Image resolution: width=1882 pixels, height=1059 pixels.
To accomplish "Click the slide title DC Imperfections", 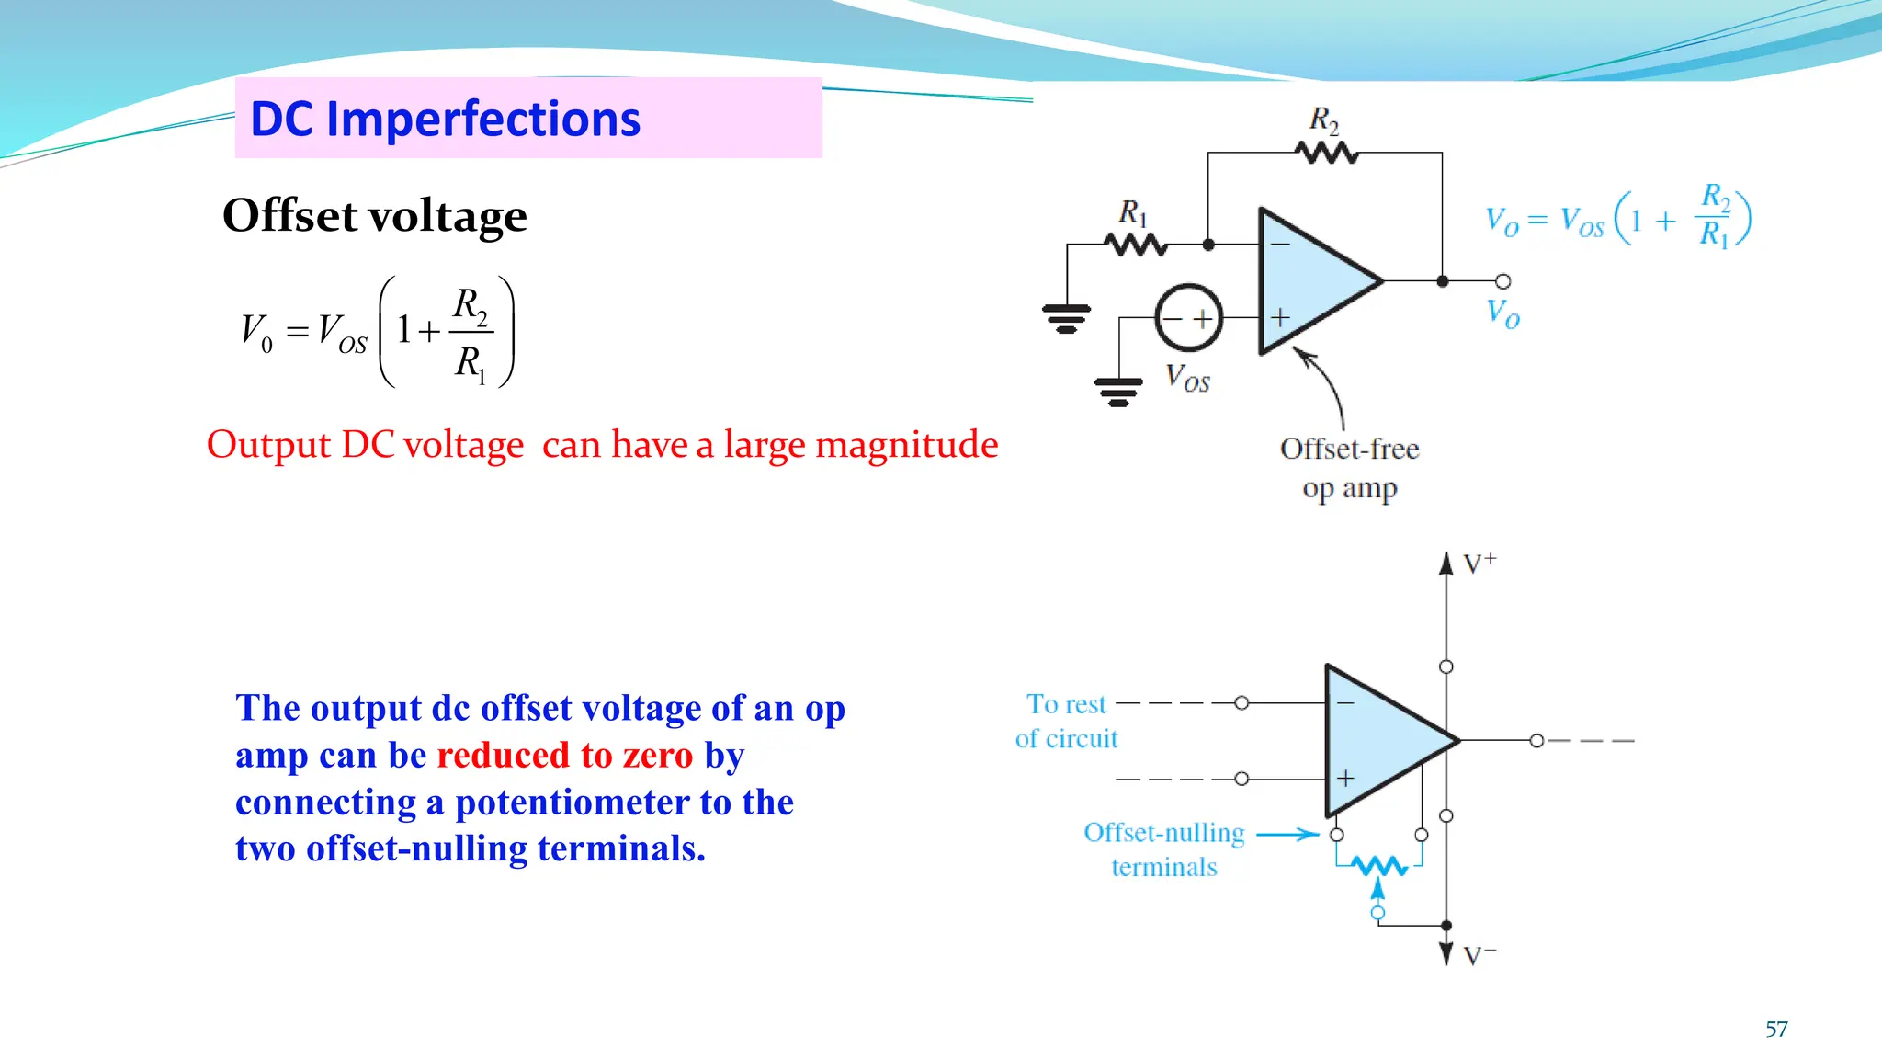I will pos(445,120).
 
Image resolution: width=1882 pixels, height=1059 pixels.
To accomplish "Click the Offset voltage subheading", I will pos(375,216).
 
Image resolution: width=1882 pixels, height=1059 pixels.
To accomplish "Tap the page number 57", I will pos(1776,1029).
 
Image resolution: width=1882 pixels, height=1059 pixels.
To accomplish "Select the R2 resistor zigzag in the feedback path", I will pos(1326,153).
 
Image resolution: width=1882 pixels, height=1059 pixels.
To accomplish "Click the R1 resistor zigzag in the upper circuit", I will pos(1136,245).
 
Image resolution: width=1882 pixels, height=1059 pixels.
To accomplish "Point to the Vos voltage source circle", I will pos(1188,318).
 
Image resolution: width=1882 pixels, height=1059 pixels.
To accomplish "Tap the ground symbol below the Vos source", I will pos(1118,392).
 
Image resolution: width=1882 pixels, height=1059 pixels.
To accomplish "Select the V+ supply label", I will pos(1480,563).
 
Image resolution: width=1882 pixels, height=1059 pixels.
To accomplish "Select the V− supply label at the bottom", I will pos(1479,956).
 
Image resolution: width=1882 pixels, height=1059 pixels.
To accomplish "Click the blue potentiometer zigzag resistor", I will pos(1378,866).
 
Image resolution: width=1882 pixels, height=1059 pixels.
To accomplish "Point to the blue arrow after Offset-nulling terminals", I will pos(1287,835).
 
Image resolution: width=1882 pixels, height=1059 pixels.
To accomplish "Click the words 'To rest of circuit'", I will pos(1067,721).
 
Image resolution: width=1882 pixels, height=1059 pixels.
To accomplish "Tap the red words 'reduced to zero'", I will pos(564,756).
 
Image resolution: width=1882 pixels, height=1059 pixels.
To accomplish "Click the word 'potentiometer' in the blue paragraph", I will pos(573,803).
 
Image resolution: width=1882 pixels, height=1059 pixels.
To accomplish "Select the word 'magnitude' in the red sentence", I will pos(906,445).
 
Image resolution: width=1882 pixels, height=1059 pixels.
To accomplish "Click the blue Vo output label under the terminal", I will pos(1502,313).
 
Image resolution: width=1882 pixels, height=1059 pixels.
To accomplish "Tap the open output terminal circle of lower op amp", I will pos(1536,740).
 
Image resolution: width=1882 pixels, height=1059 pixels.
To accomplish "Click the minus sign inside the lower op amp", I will pos(1345,703).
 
